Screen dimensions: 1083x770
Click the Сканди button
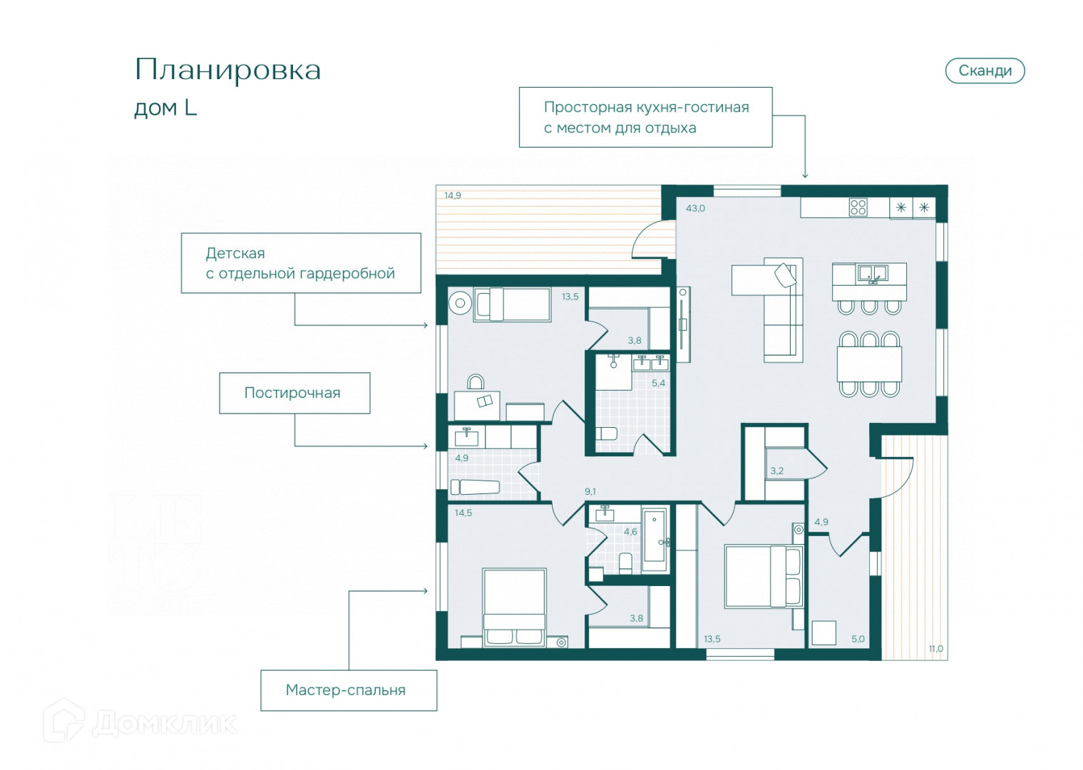tap(985, 71)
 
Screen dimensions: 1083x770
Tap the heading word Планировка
tap(227, 71)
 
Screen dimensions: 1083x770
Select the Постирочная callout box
tap(294, 393)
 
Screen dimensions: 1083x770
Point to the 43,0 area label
tap(695, 208)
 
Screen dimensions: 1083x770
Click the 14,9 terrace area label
tap(453, 195)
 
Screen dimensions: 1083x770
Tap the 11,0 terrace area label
tap(935, 649)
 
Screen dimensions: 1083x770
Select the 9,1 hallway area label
tap(590, 491)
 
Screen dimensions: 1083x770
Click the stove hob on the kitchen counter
tap(858, 207)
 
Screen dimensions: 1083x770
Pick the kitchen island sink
tap(872, 272)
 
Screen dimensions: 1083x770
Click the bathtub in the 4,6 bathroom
tap(655, 540)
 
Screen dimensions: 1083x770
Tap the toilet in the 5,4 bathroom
tap(607, 433)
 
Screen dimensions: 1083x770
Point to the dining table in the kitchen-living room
tap(869, 364)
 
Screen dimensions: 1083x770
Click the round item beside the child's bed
tap(460, 303)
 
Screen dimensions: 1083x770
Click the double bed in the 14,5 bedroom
tap(514, 606)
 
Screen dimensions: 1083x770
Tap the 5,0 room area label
tap(858, 639)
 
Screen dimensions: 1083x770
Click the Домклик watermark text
tap(164, 723)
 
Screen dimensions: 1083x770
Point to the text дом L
tap(165, 108)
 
